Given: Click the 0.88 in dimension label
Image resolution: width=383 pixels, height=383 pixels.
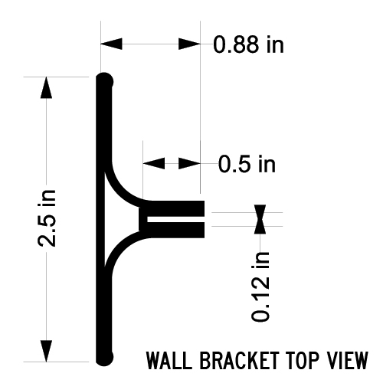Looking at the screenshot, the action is [248, 44].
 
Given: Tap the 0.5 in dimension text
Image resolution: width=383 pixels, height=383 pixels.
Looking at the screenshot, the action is [247, 164].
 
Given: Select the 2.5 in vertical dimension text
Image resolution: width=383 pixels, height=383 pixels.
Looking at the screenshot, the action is [47, 218].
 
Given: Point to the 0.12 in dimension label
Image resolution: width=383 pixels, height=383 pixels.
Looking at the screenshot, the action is [260, 286].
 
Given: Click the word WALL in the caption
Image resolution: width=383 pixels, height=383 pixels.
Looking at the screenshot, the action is [169, 360].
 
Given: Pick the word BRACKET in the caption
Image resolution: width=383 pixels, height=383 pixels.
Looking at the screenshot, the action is [239, 360].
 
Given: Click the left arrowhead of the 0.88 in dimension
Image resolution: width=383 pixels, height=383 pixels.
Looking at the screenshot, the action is [111, 44].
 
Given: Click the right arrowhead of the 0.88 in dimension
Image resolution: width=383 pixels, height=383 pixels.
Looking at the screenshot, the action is [189, 44].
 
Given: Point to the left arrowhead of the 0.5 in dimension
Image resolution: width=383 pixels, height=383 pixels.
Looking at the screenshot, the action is [154, 163].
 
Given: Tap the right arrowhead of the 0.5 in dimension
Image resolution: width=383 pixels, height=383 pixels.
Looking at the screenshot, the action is [189, 163].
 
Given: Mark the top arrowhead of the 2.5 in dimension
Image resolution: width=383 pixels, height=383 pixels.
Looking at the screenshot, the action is [46, 87].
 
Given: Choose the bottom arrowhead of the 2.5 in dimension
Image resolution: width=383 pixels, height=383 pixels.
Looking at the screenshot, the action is [46, 351].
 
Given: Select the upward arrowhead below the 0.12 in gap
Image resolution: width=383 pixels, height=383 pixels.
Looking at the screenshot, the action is [260, 226].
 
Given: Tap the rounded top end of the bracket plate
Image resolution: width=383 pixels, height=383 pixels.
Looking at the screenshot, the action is [104, 80].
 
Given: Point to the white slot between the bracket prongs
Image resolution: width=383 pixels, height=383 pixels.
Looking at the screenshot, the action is [175, 219].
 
